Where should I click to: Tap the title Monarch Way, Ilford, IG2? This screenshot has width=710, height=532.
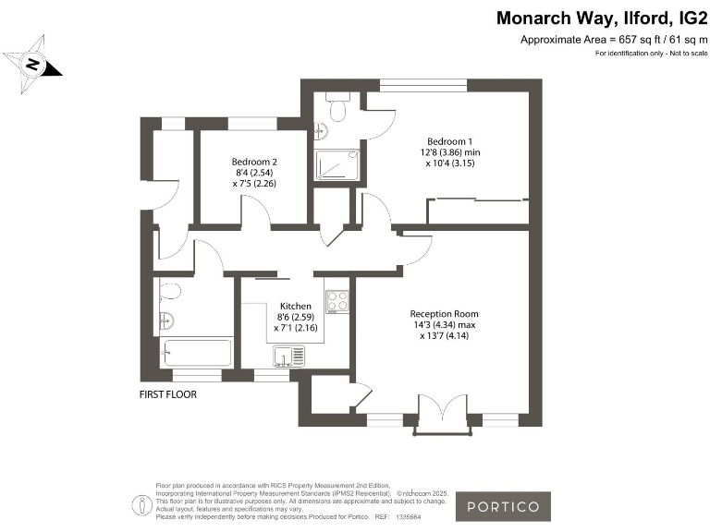(x=602, y=18)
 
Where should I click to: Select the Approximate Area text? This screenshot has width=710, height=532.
(x=614, y=40)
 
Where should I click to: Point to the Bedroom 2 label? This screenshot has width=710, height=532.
(x=254, y=162)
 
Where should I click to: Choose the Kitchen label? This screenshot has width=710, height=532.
(x=296, y=306)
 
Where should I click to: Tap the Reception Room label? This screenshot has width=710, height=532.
(x=445, y=314)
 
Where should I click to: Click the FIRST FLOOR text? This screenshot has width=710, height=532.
(x=168, y=394)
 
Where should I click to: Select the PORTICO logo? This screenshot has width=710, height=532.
(x=504, y=506)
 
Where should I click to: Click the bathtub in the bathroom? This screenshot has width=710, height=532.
(x=196, y=352)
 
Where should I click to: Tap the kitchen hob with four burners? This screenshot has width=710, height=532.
(x=337, y=301)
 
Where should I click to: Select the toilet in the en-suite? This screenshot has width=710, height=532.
(x=336, y=110)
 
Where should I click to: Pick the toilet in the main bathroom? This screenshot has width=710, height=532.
(x=169, y=291)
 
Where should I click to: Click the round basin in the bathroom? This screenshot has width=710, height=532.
(x=166, y=321)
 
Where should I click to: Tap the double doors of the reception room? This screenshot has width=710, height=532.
(x=440, y=412)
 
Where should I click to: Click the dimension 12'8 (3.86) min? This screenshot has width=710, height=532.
(x=453, y=152)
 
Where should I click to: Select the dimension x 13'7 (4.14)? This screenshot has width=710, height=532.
(x=445, y=336)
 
